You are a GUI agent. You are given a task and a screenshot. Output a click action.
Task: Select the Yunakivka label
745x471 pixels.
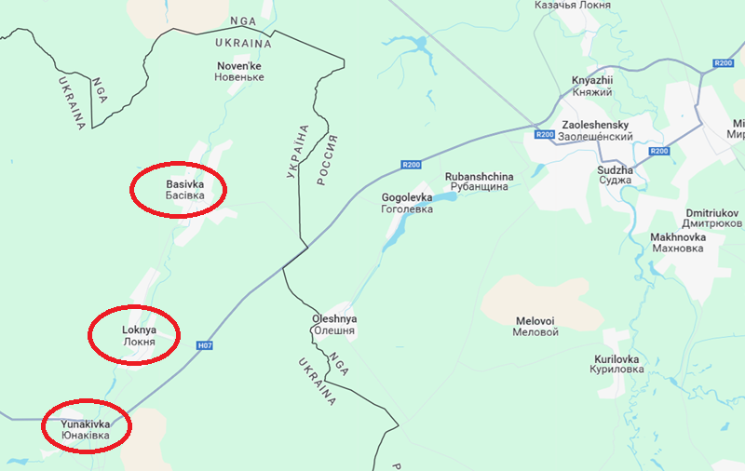[x=85, y=429]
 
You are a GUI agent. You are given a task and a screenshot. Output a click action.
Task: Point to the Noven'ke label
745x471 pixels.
[x=240, y=71]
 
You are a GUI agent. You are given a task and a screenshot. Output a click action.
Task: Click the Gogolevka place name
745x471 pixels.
[x=408, y=204]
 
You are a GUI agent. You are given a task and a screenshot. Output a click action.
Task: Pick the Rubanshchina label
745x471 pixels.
[x=479, y=182]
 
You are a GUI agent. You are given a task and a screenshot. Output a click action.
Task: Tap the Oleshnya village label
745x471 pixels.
[x=334, y=325]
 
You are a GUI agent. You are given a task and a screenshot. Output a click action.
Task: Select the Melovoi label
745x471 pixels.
[x=536, y=326]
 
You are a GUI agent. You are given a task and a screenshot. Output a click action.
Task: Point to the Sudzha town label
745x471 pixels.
[x=615, y=176]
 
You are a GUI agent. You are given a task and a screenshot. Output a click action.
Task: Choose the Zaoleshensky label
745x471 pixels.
[x=597, y=130]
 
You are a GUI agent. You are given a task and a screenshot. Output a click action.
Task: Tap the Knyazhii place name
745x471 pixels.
[x=593, y=87]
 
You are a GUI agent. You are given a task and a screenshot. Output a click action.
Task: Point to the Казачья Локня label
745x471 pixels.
[x=573, y=6]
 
